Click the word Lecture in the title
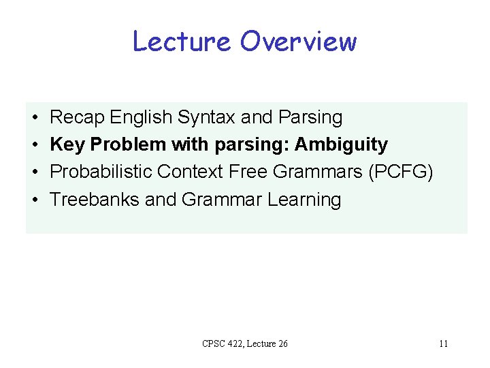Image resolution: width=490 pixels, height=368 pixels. (182, 42)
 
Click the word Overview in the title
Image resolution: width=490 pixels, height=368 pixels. (298, 42)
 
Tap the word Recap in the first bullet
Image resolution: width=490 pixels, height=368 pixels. (77, 117)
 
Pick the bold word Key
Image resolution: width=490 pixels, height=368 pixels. (65, 145)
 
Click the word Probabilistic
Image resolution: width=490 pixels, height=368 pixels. (101, 172)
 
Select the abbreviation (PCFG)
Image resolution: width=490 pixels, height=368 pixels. (400, 172)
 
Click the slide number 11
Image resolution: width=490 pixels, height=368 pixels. (443, 343)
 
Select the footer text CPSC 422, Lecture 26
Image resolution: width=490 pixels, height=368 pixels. (245, 343)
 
